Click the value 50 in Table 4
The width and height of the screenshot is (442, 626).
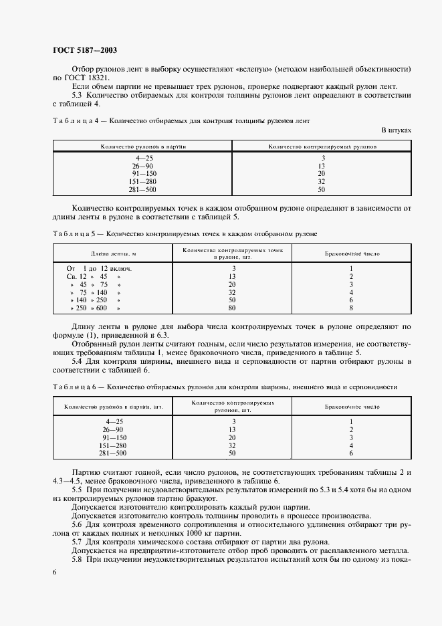tap(321, 189)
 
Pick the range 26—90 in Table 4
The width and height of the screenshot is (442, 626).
tap(144, 165)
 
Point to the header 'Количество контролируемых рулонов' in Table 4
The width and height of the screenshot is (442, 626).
tap(322, 144)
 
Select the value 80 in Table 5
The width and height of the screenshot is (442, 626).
tap(233, 308)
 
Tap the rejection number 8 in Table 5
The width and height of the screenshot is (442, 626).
tap(350, 308)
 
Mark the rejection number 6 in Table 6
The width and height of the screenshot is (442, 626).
tap(350, 453)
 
